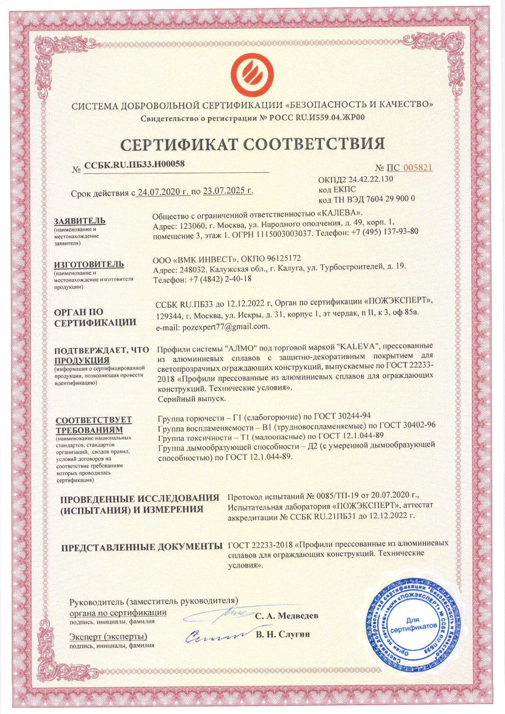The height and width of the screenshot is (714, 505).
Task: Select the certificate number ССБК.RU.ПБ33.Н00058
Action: [x=135, y=164]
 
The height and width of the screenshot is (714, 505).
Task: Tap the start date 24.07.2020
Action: [x=163, y=191]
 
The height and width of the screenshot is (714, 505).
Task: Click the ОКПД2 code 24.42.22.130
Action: [x=370, y=179]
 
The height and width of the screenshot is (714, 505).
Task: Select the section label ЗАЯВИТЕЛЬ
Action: [x=80, y=221]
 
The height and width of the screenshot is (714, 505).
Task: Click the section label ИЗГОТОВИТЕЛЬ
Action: [x=89, y=264]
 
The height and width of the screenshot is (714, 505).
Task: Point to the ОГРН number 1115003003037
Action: [x=284, y=231]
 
